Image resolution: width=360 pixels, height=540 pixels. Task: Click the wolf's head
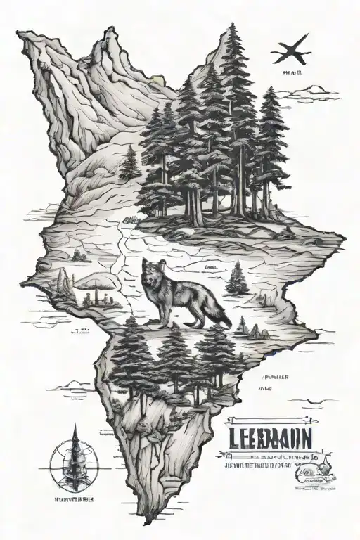153,269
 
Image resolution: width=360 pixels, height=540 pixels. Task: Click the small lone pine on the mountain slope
129,164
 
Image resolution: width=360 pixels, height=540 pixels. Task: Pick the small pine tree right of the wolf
237,278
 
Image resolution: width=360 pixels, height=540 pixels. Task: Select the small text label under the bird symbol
290,72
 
